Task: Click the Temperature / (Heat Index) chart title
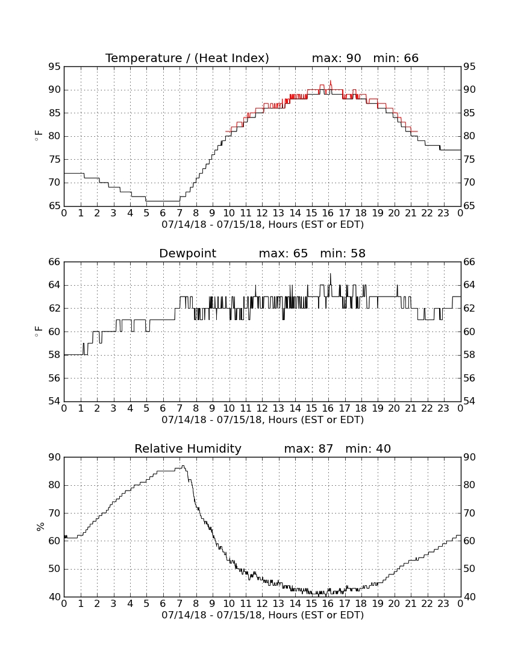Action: pos(187,58)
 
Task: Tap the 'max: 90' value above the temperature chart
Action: pos(336,58)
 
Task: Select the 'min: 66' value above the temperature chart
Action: pos(396,58)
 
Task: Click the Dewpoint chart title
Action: pos(187,254)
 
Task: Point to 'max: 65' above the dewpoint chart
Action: pos(284,253)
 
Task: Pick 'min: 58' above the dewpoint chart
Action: pos(343,253)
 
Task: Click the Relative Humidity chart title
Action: pos(188,448)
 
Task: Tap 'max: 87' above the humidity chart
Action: pos(309,448)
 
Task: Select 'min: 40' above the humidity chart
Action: pos(368,448)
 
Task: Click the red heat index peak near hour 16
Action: pos(330,81)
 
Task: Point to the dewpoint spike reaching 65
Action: pos(330,274)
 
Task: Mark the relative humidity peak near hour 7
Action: pos(183,466)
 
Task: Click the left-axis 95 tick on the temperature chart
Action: pos(55,67)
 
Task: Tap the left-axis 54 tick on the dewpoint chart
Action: pos(55,401)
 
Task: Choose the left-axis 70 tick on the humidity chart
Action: pos(55,514)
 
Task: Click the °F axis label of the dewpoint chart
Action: pos(39,331)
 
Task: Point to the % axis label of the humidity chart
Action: pos(40,526)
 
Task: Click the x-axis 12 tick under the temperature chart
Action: pos(262,213)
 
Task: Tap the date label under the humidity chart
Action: pos(263,615)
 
